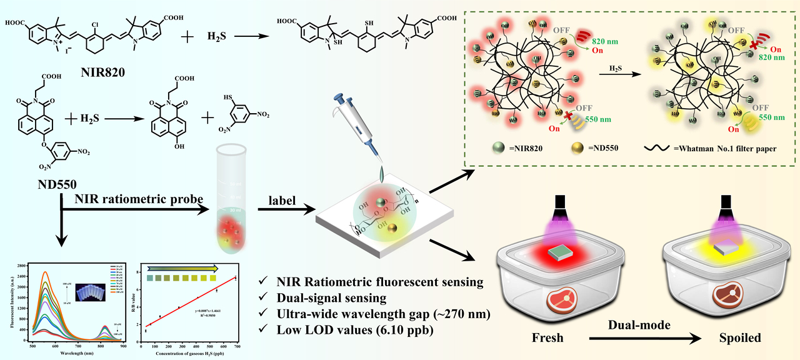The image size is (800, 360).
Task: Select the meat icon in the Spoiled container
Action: pos(732,300)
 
